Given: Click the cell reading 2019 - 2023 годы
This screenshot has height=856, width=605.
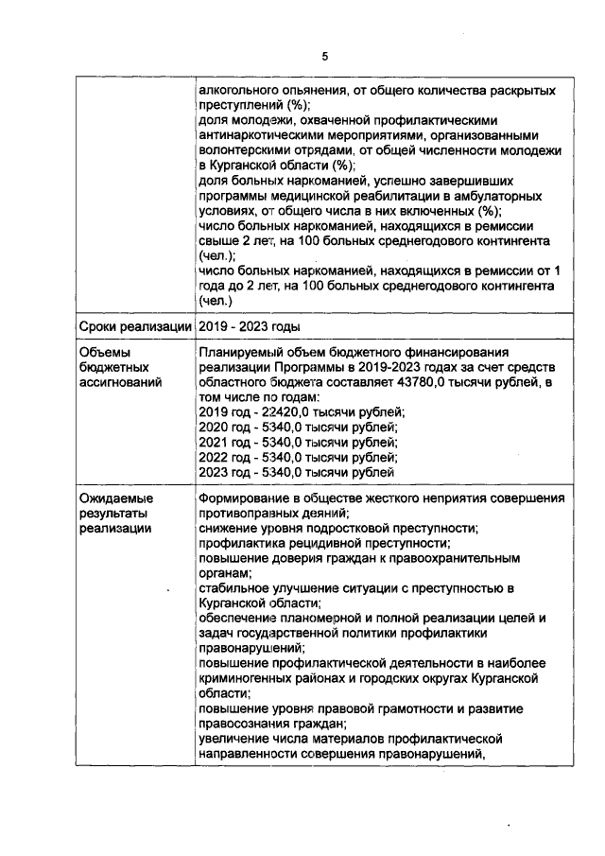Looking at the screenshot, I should tap(247, 326).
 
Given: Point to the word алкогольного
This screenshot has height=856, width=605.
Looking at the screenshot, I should tap(243, 90).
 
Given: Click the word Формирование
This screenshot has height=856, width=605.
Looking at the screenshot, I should tap(247, 498).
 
